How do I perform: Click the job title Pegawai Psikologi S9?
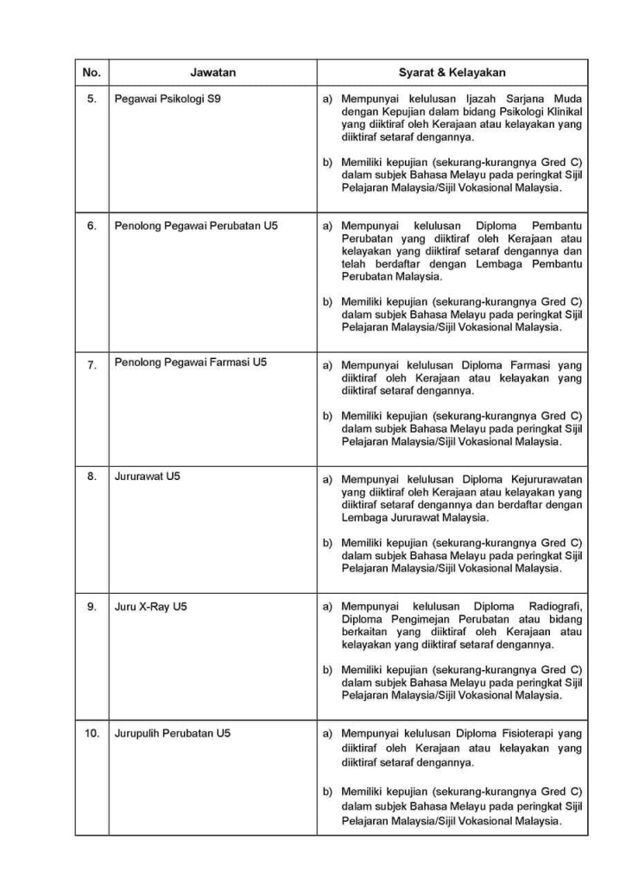(x=168, y=99)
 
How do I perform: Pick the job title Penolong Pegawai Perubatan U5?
(x=196, y=226)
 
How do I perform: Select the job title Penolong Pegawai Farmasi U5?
(x=191, y=363)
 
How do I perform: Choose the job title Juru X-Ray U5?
(x=150, y=607)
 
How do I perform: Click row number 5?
(x=92, y=99)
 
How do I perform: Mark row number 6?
(x=92, y=226)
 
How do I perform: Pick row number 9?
(x=92, y=607)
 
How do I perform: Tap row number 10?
(x=92, y=734)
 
